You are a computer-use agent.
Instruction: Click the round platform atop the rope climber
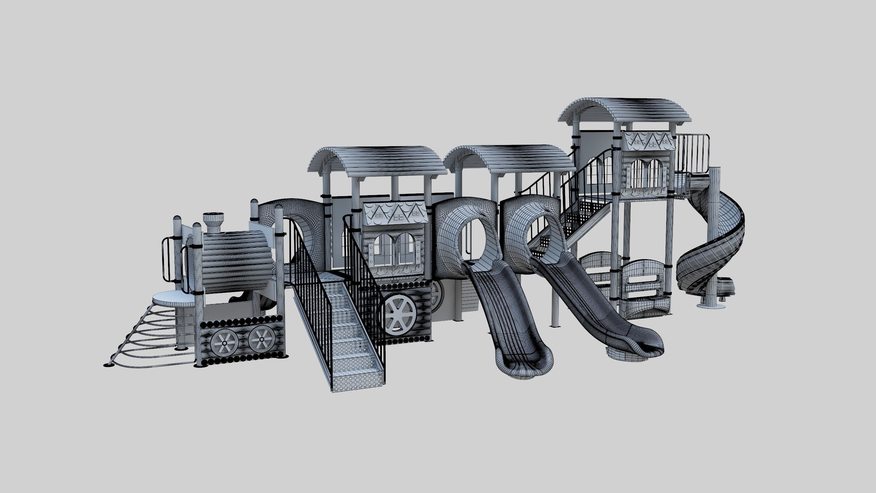[x=171, y=299]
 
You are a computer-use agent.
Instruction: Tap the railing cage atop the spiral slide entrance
[x=691, y=154]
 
